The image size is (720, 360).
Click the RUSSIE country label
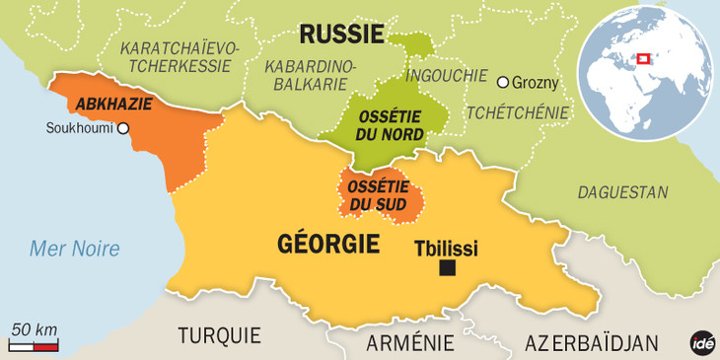(x=341, y=36)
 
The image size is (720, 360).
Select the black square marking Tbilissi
(x=448, y=268)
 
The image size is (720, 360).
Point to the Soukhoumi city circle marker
(x=123, y=128)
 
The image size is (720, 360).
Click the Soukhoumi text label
(x=80, y=128)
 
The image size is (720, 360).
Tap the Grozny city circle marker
(x=503, y=82)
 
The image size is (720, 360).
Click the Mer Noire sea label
(x=74, y=249)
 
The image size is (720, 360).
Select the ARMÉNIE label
(x=410, y=342)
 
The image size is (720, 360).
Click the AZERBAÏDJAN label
(x=591, y=342)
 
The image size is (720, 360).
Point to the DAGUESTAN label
(x=622, y=192)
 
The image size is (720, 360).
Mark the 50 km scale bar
(x=35, y=346)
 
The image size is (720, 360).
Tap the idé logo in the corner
(x=701, y=341)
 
